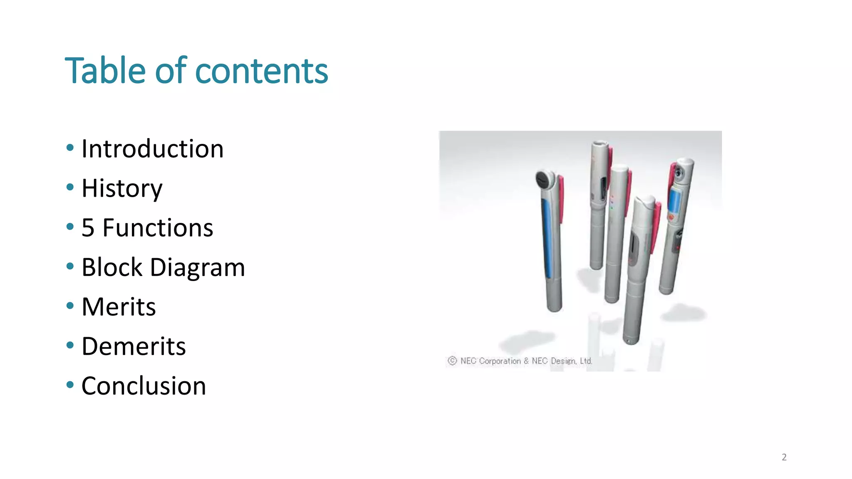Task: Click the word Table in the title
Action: click(x=105, y=70)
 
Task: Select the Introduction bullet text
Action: click(x=152, y=149)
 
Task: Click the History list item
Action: click(x=122, y=188)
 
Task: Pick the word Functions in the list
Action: click(x=158, y=228)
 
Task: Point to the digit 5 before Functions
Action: click(x=88, y=228)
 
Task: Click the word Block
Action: click(x=112, y=267)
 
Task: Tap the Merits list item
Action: click(x=119, y=307)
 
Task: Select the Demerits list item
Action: click(x=134, y=346)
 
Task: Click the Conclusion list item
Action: click(x=144, y=386)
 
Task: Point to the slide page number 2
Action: click(x=784, y=457)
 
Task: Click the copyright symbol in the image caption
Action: click(x=452, y=361)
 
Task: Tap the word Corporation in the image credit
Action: click(x=500, y=361)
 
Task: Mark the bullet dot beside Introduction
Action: click(x=70, y=148)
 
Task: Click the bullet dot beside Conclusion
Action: click(x=70, y=385)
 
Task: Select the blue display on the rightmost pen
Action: click(x=674, y=200)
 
